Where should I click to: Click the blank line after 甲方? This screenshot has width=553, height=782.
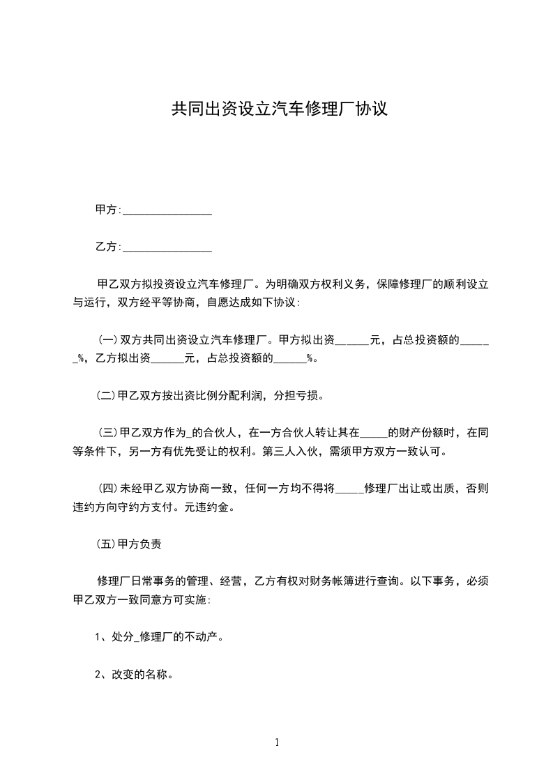(167, 210)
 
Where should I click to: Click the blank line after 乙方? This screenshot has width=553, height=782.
(167, 247)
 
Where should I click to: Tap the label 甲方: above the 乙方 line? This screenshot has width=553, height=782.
(108, 210)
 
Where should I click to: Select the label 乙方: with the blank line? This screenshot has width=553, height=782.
(108, 247)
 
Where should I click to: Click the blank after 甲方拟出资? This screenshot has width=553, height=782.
(352, 342)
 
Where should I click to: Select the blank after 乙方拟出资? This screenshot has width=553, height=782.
(168, 360)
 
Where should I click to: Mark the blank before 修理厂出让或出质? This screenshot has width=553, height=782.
(348, 490)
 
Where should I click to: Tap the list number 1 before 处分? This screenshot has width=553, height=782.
(98, 637)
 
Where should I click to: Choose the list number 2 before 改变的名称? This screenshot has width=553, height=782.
(98, 675)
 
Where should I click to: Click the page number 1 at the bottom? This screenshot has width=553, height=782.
(277, 742)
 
